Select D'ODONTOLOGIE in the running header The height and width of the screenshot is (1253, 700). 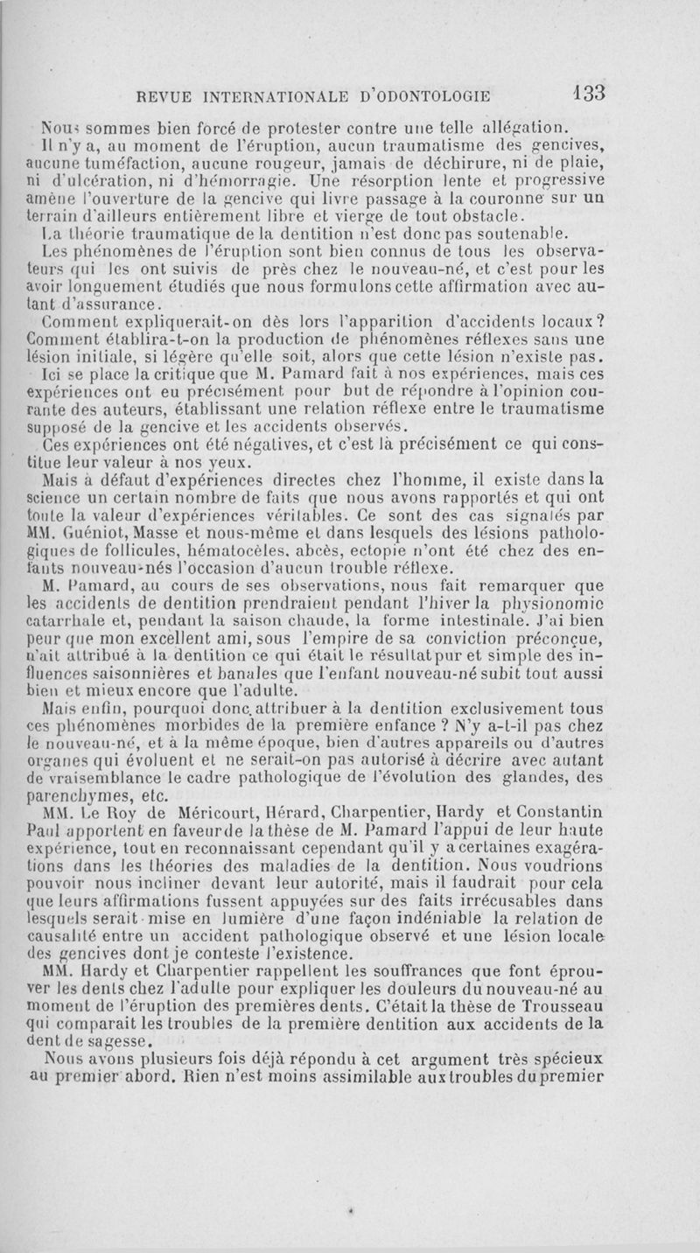(x=416, y=95)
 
